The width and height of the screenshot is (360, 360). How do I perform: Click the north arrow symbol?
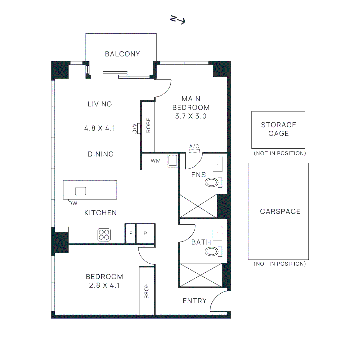pos(177,20)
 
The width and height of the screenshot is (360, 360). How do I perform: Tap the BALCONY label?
pos(122,54)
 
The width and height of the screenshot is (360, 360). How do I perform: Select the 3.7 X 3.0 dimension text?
pos(191,116)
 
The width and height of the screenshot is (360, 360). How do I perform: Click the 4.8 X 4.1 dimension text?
pos(100,128)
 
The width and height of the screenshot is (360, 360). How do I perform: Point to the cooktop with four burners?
pos(104,235)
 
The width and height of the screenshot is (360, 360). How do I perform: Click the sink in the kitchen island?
pos(81,191)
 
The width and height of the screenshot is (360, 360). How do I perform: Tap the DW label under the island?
pos(73,203)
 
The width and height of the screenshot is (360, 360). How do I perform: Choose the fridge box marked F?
pos(130,233)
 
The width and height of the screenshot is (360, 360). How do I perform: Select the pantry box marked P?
pos(145,233)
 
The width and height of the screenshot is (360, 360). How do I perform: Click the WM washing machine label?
pos(155,161)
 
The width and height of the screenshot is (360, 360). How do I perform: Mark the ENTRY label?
pos(195,301)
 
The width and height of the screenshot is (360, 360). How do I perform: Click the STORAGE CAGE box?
pos(278,130)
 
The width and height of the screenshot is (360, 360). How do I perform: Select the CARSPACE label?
pos(280,211)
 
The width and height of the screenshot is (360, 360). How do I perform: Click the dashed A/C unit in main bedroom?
pos(194,151)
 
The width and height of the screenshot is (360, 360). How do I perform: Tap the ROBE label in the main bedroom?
pos(148,125)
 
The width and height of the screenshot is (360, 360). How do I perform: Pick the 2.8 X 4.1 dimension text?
pos(104,285)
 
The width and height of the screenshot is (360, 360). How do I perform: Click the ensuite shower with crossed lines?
pos(198,206)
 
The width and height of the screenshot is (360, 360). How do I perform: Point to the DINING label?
pos(101,154)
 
